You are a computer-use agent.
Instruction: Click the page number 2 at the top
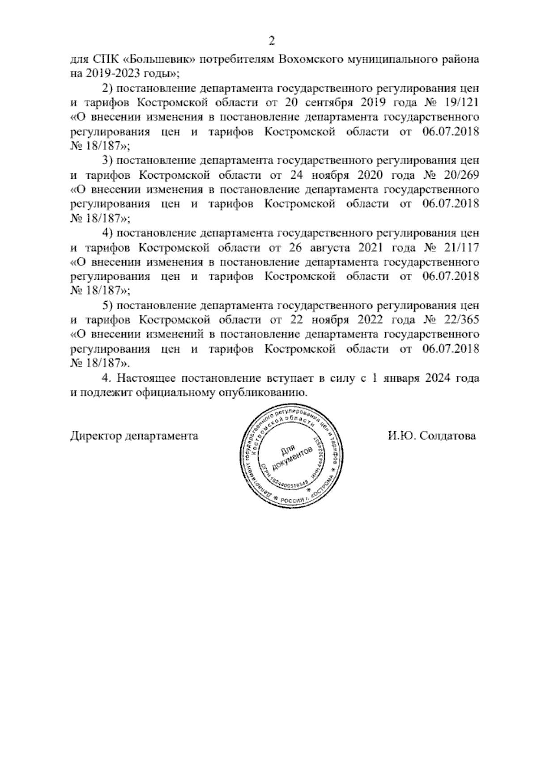coord(271,41)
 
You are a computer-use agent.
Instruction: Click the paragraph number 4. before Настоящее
coord(107,378)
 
